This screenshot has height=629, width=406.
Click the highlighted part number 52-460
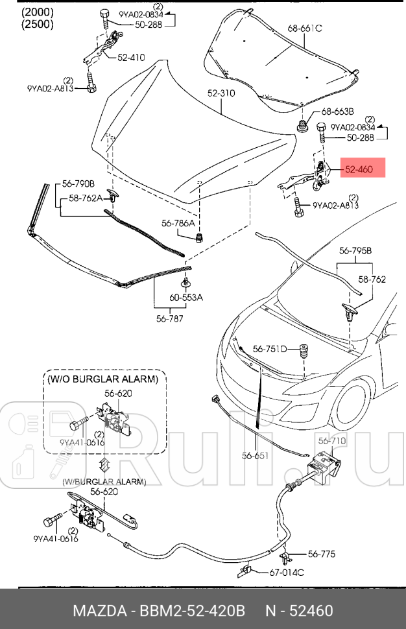pos(358,169)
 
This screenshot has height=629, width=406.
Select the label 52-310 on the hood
pos(221,93)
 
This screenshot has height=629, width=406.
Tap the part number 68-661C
pos(305,28)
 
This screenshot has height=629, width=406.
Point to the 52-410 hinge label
pos(131,57)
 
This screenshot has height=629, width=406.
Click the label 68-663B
pos(337,111)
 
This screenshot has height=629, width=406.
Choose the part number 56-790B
pos(78,184)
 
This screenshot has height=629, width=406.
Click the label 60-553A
pos(186,298)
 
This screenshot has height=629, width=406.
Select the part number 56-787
pos(169,318)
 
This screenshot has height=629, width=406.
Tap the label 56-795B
pos(355,250)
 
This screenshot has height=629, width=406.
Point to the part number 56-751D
pos(270,349)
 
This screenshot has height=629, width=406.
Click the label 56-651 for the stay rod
pos(255,456)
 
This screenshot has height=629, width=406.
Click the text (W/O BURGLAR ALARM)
pos(102,378)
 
